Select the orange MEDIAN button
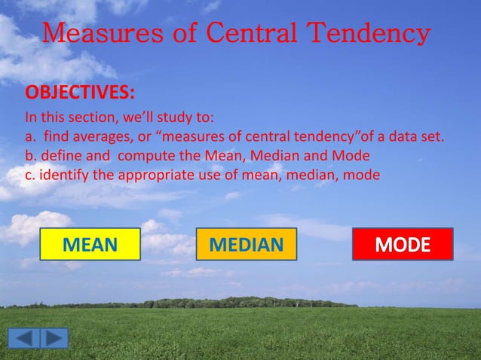point(247,245)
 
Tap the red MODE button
point(403,245)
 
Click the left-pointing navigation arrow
point(25,338)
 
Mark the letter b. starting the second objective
point(30,157)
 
